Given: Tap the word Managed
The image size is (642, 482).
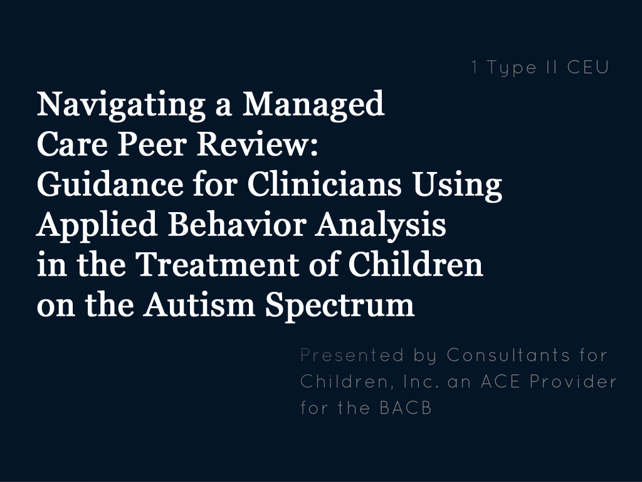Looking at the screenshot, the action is pos(313,105).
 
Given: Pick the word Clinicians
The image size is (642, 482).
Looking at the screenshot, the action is pos(324,185).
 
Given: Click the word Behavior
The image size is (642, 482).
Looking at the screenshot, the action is pos(237,225).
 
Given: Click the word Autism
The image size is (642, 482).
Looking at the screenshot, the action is pos(199,305).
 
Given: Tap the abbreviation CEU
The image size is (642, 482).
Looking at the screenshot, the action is pos(588,68).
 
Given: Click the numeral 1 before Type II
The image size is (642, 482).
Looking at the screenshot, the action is pos(475,68).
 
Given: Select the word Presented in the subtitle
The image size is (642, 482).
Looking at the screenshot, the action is pos(352,355).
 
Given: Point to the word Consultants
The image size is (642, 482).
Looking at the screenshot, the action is pos(508,355).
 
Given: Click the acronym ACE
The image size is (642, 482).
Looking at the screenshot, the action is pos(500,382).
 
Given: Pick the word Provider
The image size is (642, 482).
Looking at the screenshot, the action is pos(573,382).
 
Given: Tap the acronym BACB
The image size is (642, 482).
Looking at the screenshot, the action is pos(406,408).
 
